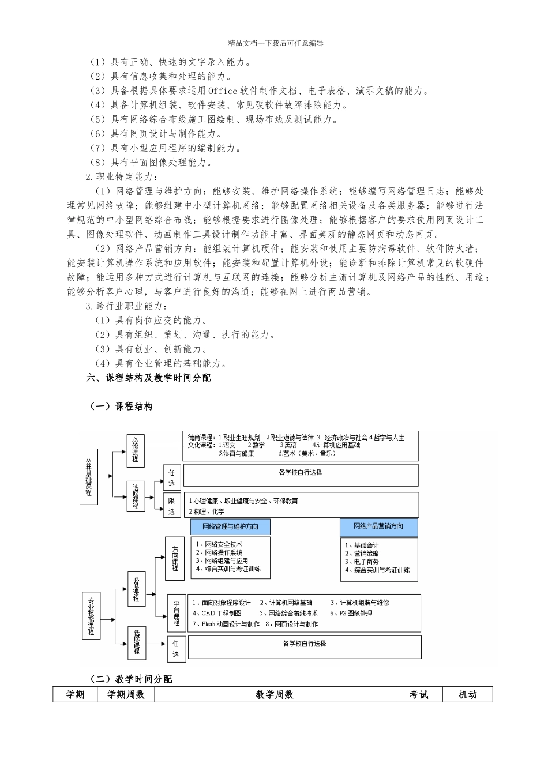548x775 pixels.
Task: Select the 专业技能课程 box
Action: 91,616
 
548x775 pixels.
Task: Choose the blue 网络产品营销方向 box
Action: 378,526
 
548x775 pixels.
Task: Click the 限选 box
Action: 172,506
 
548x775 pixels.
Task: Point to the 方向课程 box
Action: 174,559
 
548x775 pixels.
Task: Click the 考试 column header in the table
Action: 419,695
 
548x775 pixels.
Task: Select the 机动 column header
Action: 467,695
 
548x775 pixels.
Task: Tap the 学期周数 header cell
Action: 126,695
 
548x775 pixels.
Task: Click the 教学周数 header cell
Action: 275,695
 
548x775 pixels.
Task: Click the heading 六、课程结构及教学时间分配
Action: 148,378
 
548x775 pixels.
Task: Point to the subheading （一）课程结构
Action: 121,407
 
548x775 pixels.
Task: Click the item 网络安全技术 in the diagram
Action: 223,544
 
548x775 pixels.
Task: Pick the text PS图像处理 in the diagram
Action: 355,614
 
